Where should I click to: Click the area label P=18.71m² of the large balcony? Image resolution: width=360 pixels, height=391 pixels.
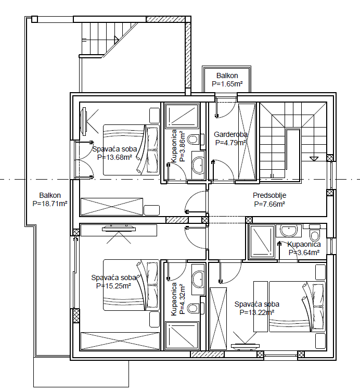pyautogui.click(x=49, y=204)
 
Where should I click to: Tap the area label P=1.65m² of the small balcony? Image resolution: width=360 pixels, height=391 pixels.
pyautogui.click(x=227, y=83)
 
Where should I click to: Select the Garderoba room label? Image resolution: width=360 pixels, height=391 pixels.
pyautogui.click(x=230, y=134)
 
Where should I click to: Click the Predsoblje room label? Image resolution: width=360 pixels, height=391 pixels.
pyautogui.click(x=269, y=196)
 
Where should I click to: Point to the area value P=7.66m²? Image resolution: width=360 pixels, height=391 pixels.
pyautogui.click(x=269, y=204)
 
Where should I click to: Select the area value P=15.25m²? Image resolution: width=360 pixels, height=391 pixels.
pyautogui.click(x=113, y=285)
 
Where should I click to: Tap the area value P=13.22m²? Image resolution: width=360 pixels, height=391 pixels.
pyautogui.click(x=256, y=312)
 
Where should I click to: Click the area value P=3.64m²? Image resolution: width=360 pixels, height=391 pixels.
pyautogui.click(x=304, y=253)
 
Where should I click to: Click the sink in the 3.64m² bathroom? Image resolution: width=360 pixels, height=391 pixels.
pyautogui.click(x=288, y=230)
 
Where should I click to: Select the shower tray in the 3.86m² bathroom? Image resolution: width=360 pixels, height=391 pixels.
pyautogui.click(x=182, y=116)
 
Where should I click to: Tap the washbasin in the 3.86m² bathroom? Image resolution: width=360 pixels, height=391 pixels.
pyautogui.click(x=198, y=165)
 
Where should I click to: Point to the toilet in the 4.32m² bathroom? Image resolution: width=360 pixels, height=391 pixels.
pyautogui.click(x=194, y=308)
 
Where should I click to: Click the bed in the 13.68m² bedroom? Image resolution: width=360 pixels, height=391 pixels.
pyautogui.click(x=131, y=149)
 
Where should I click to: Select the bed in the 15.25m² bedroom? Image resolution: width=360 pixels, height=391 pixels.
pyautogui.click(x=131, y=285)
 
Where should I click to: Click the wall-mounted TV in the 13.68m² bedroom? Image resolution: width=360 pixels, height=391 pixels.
pyautogui.click(x=84, y=121)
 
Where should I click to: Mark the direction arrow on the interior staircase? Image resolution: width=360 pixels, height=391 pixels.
pyautogui.click(x=314, y=157)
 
